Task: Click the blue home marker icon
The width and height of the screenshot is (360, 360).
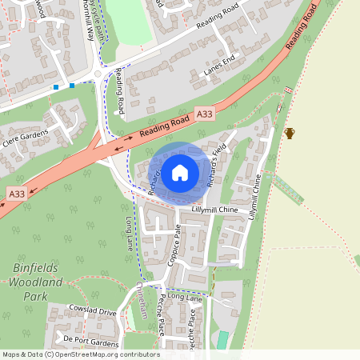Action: click(180, 172)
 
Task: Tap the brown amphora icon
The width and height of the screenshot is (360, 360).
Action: click(290, 133)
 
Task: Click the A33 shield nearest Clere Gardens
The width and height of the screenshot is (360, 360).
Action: click(17, 194)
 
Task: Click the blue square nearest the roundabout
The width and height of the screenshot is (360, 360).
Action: click(72, 85)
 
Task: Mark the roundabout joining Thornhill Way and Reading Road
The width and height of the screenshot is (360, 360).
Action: click(98, 74)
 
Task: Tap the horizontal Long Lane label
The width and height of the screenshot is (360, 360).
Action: click(186, 297)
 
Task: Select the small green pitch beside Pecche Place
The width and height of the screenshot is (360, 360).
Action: click(222, 340)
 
